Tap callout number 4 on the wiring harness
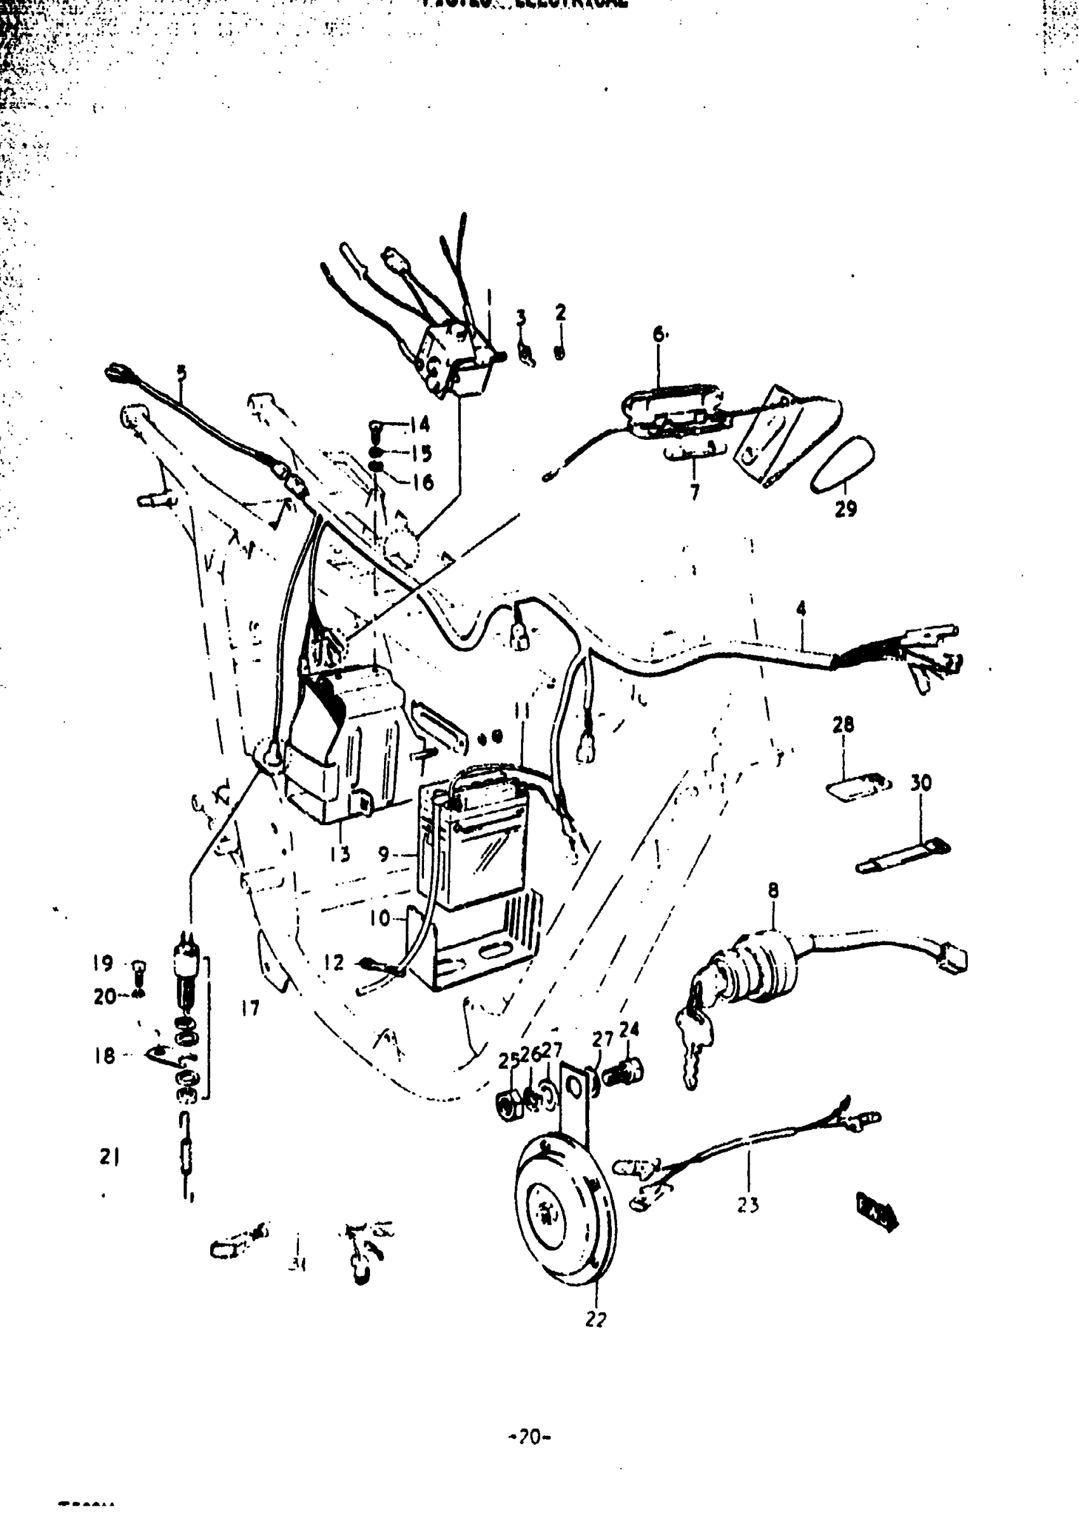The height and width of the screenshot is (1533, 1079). click(x=801, y=609)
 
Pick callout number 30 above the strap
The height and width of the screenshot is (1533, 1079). click(x=921, y=783)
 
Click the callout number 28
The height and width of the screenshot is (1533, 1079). click(x=844, y=724)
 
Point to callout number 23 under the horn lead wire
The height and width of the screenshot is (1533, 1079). click(x=748, y=1205)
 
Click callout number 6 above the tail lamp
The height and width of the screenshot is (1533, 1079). click(x=659, y=334)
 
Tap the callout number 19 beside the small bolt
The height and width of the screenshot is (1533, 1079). click(x=103, y=964)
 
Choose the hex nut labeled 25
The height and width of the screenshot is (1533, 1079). click(x=512, y=1106)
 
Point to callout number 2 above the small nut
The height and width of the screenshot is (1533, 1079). click(x=560, y=312)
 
